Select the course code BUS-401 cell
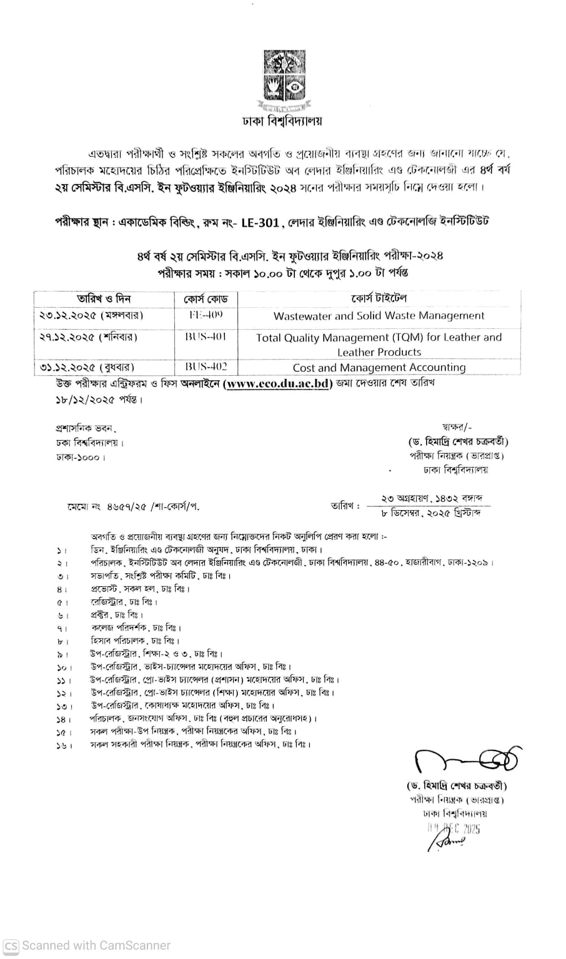point(206,337)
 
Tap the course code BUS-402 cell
point(206,367)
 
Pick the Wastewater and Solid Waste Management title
point(379,316)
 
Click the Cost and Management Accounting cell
point(379,368)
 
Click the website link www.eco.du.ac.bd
point(277,385)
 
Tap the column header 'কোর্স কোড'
point(206,299)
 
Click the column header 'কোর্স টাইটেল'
point(379,298)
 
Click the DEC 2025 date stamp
point(454,829)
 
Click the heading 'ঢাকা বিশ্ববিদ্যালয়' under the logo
point(283,121)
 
